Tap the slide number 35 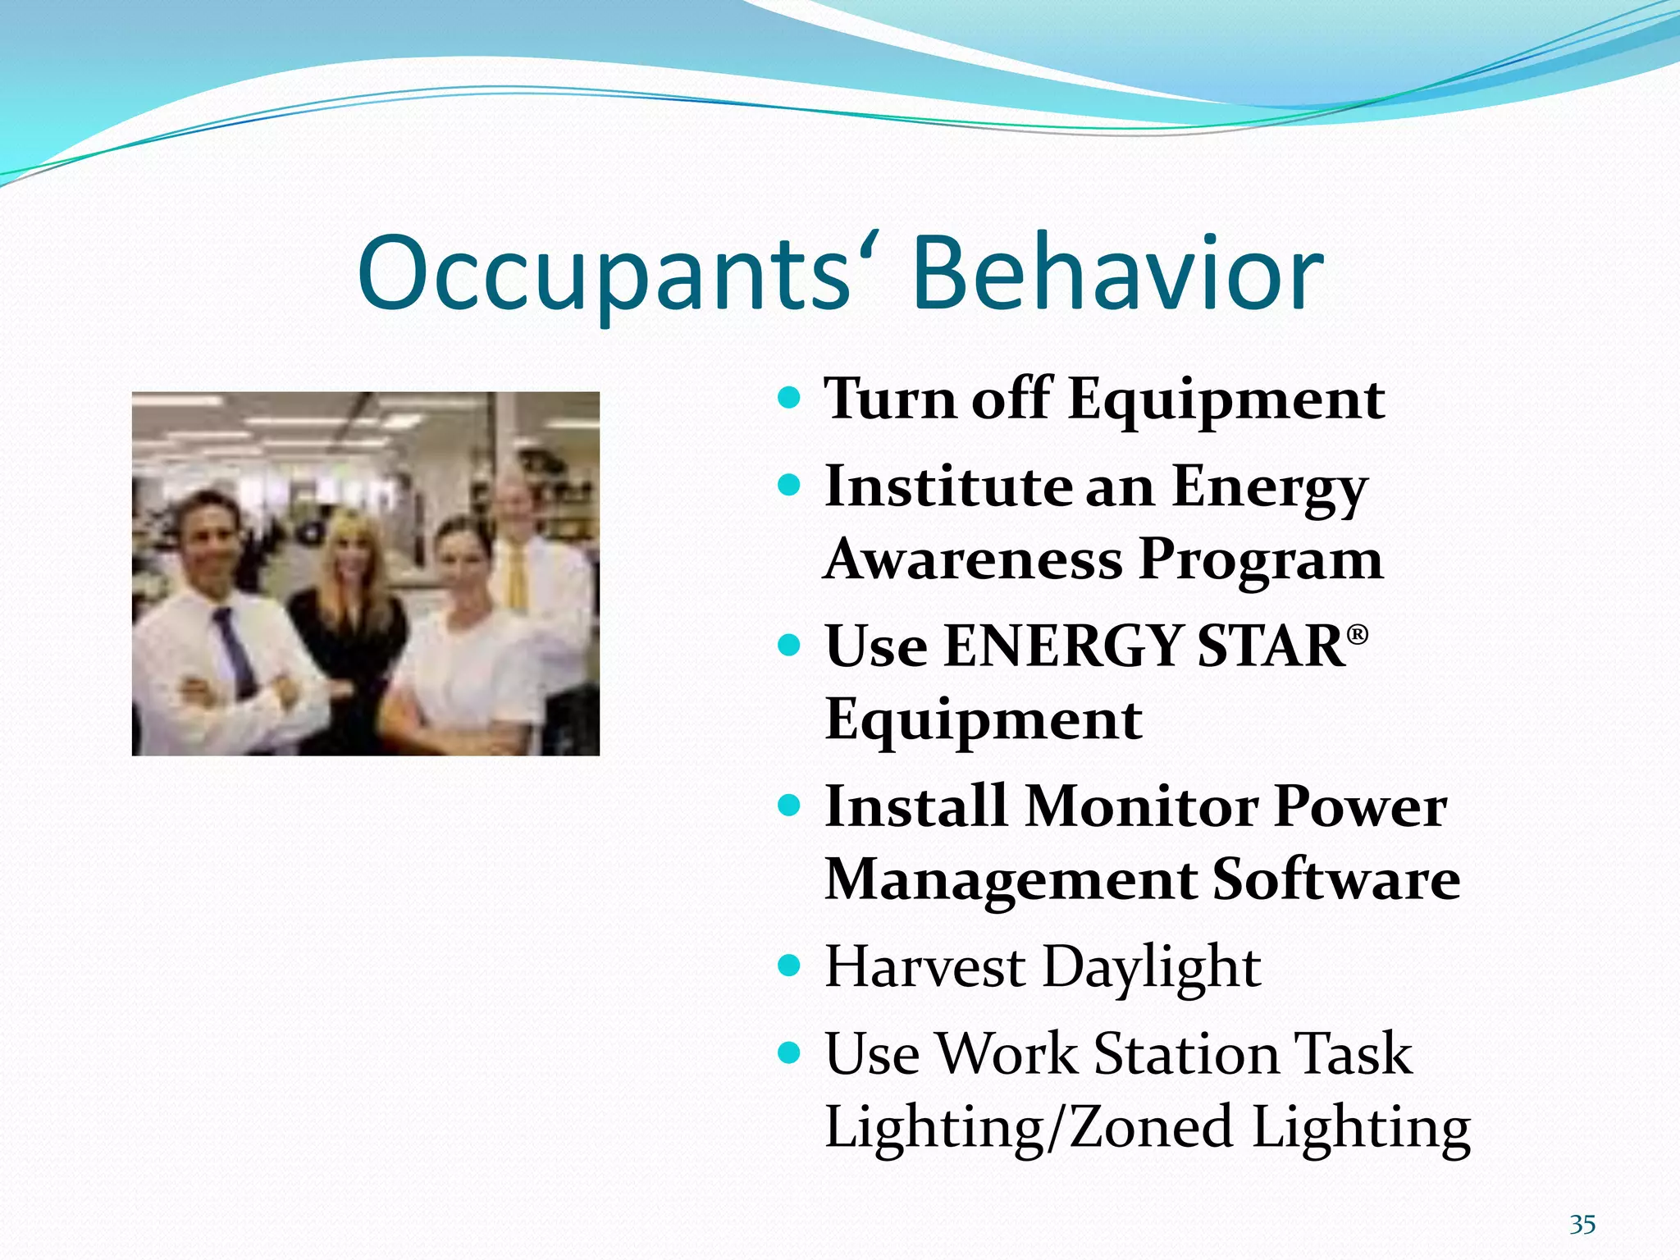[1582, 1225]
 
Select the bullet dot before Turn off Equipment [788, 399]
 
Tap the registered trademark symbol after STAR [1358, 634]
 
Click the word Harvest [924, 967]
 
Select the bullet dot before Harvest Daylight [788, 966]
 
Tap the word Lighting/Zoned [1029, 1128]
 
